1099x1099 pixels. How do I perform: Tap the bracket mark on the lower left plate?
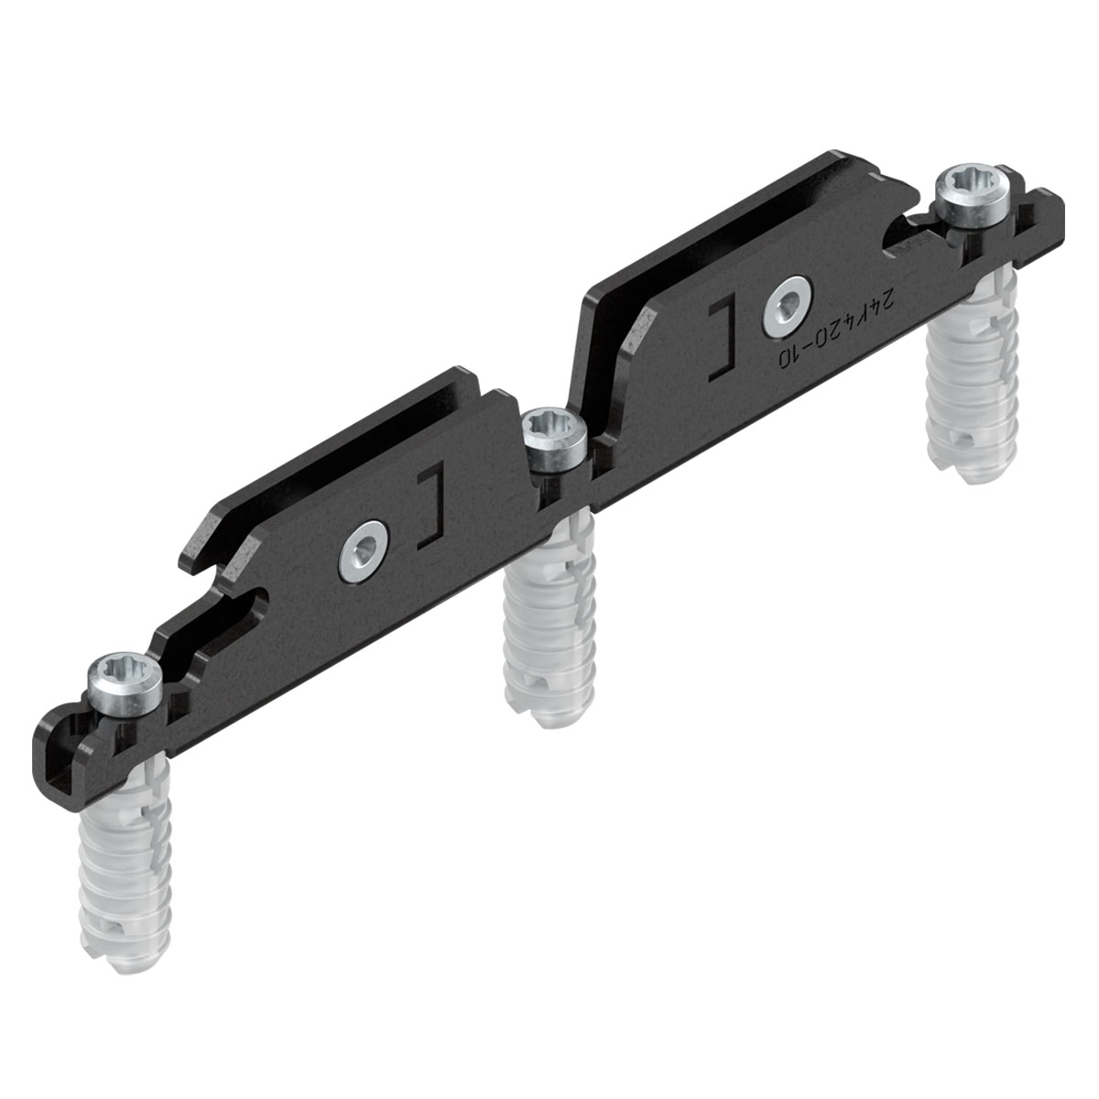pos(430,509)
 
